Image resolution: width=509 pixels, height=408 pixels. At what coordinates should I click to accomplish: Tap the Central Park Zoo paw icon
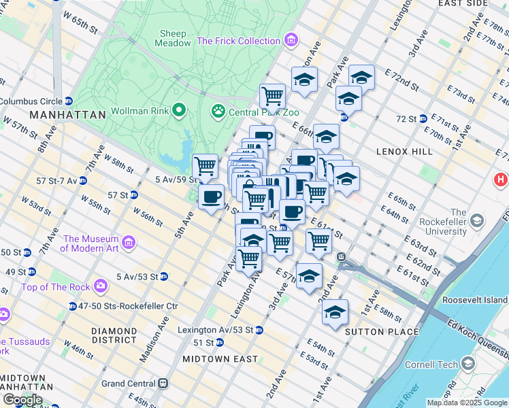click(x=218, y=110)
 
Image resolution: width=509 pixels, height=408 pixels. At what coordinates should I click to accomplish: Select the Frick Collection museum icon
click(x=291, y=41)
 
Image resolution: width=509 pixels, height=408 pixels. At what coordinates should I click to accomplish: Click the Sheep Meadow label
click(x=174, y=38)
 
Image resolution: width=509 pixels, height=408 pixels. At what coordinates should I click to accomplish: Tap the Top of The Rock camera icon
click(x=101, y=286)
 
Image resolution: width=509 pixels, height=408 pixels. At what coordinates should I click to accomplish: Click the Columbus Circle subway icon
click(x=69, y=101)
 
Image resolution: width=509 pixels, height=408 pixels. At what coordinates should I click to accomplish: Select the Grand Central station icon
click(x=163, y=384)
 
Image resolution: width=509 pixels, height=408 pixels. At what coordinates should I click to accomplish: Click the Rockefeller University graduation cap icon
click(x=476, y=220)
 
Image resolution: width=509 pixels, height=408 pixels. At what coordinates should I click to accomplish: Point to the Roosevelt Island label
click(x=475, y=300)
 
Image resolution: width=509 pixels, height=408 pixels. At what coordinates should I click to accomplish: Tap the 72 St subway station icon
click(x=423, y=118)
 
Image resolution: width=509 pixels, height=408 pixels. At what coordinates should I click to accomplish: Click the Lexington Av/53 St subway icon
click(x=259, y=330)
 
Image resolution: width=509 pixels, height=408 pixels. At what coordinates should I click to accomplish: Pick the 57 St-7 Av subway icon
click(x=82, y=181)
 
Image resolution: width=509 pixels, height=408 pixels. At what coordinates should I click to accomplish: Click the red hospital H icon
click(x=502, y=180)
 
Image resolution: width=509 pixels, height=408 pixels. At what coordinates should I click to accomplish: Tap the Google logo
click(x=22, y=400)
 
